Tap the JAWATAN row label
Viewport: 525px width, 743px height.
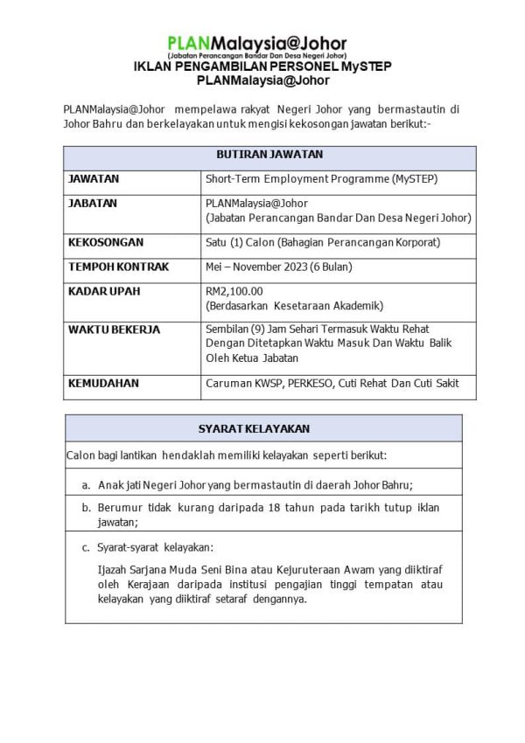[94, 179]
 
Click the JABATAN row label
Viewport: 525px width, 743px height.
[93, 203]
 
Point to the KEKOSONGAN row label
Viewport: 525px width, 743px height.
[105, 242]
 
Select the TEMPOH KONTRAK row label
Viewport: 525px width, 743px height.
[118, 267]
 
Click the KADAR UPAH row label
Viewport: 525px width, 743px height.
[103, 291]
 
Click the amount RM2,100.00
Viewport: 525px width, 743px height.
[234, 291]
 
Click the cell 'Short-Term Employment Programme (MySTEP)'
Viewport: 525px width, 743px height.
[321, 179]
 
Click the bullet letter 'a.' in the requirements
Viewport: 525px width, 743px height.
[87, 483]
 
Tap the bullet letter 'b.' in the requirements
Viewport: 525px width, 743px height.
[87, 507]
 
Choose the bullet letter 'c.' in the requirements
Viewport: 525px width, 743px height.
[87, 548]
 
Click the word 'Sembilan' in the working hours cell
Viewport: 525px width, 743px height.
[227, 330]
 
